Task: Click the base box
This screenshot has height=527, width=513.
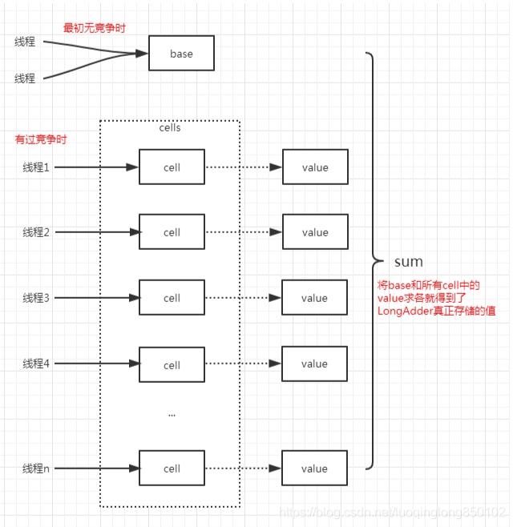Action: (x=181, y=54)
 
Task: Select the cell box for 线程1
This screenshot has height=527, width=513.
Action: (x=172, y=167)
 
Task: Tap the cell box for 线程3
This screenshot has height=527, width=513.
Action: (x=172, y=298)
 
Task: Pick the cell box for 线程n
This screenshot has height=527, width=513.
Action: (x=172, y=469)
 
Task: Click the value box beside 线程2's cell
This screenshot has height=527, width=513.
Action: (x=314, y=232)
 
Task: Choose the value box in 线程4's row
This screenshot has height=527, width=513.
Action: (x=314, y=364)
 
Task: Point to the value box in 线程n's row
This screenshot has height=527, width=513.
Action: (x=314, y=469)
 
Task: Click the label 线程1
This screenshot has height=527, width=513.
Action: (x=36, y=167)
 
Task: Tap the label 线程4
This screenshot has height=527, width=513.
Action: (x=36, y=364)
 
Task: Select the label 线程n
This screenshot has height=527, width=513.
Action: (x=36, y=469)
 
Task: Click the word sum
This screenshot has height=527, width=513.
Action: (x=409, y=262)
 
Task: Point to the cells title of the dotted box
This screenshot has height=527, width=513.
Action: (x=171, y=128)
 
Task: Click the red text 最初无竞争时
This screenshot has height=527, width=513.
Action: (x=95, y=28)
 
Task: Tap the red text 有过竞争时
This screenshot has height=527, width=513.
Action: (x=41, y=139)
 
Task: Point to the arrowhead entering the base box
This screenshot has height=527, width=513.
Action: (x=142, y=54)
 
